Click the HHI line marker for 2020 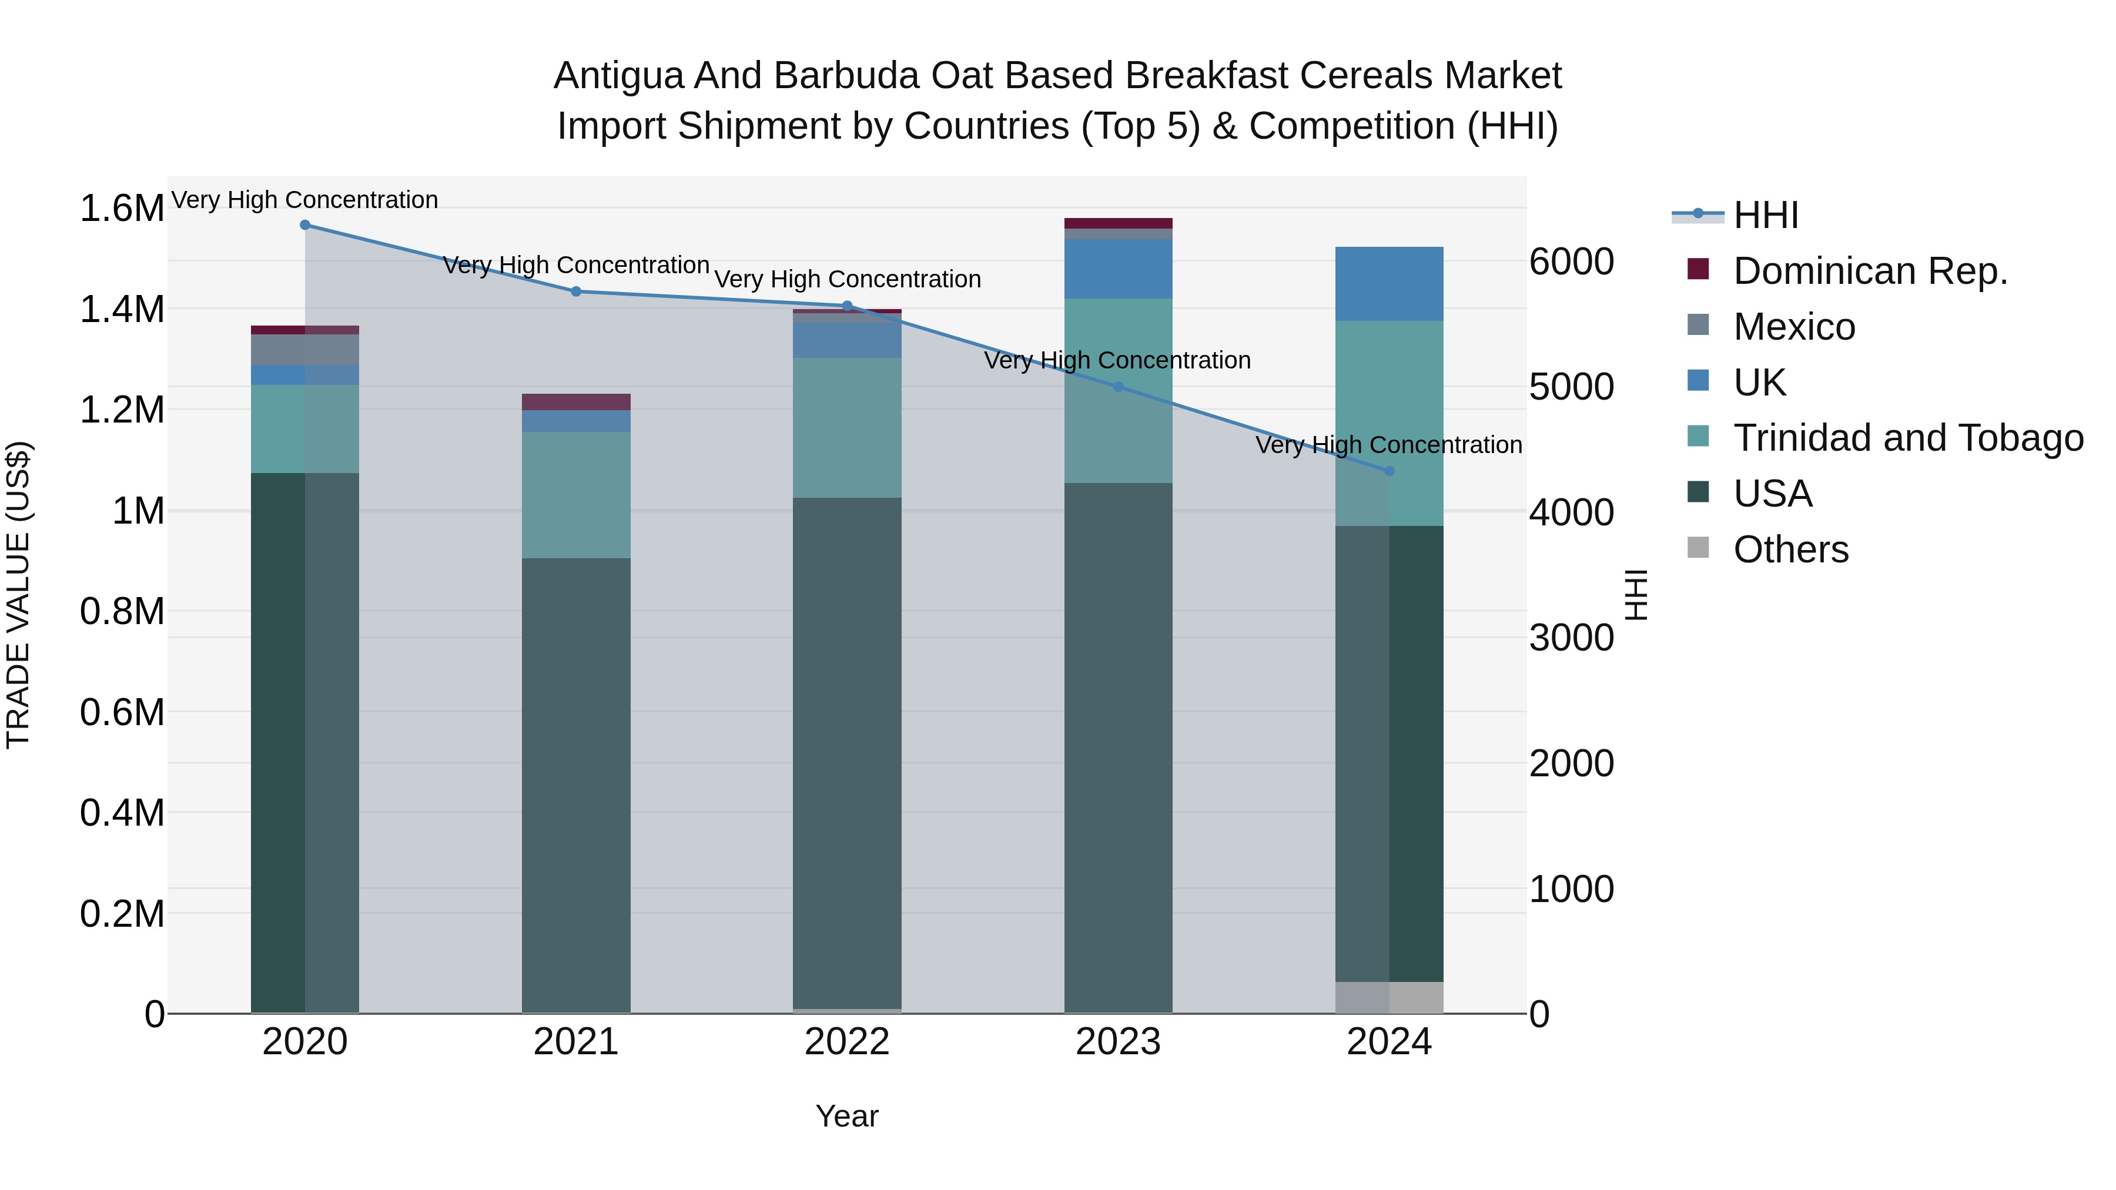click(304, 225)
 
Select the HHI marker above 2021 click(576, 291)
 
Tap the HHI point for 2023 click(1118, 387)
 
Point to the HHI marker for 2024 click(1389, 471)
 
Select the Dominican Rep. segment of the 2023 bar click(1118, 223)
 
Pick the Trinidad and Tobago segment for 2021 click(576, 495)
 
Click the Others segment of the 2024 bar click(1389, 997)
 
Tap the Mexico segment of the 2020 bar click(304, 350)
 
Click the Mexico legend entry click(1793, 327)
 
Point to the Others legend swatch click(1698, 548)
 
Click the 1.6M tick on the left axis click(122, 209)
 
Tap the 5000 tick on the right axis click(1571, 388)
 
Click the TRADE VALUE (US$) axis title click(18, 595)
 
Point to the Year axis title click(847, 1116)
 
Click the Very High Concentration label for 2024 click(1388, 445)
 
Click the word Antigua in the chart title click(618, 76)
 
